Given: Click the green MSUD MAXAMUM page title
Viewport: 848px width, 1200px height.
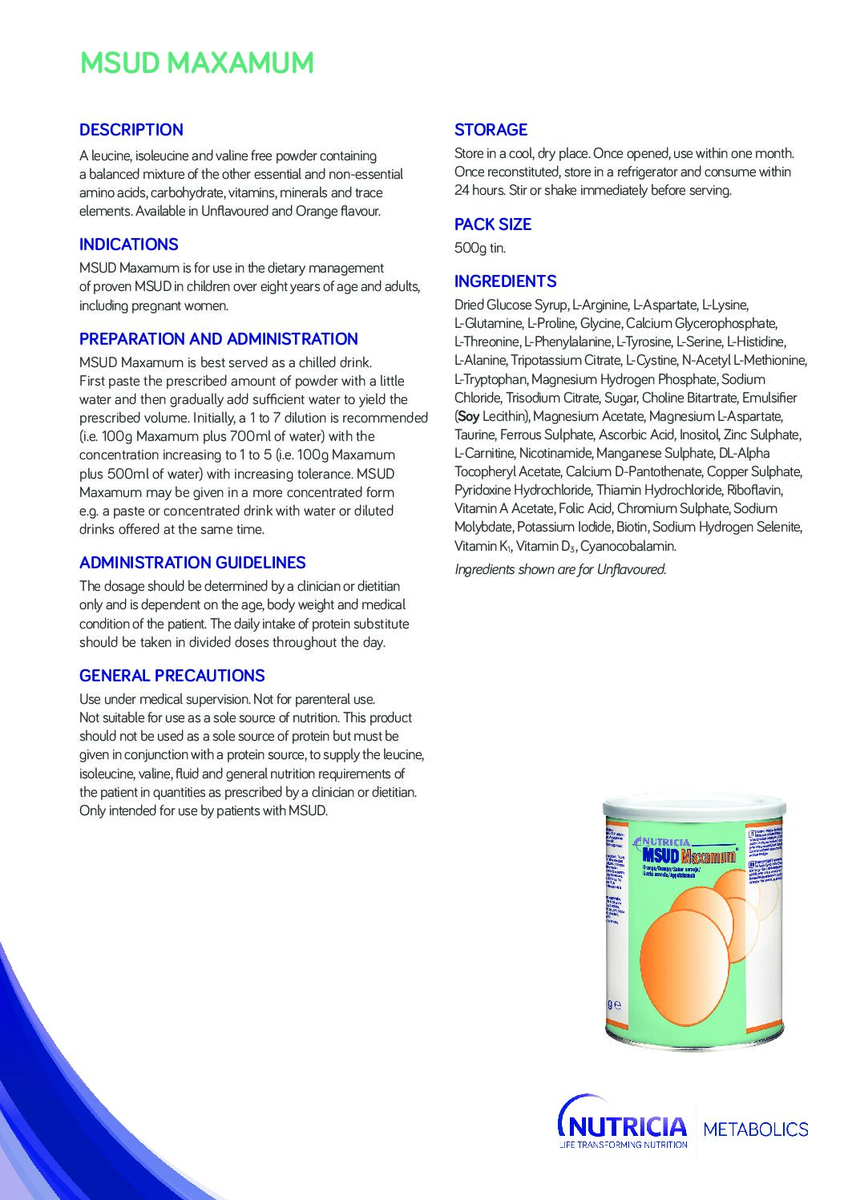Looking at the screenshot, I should tap(196, 63).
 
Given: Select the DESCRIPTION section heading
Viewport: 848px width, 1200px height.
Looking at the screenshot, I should tap(131, 130).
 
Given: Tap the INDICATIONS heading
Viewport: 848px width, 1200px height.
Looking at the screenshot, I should tap(128, 244).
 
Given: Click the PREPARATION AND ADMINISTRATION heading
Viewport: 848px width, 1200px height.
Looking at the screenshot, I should tap(218, 339).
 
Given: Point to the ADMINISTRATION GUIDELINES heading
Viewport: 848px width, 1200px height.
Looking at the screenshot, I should tap(192, 563).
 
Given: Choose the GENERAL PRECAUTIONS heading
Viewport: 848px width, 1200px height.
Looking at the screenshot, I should tap(172, 676).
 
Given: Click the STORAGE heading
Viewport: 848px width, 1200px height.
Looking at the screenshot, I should tap(491, 130).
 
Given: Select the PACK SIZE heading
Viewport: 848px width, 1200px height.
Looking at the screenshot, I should tap(492, 224).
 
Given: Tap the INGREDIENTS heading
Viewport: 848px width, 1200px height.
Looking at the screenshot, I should tap(505, 281).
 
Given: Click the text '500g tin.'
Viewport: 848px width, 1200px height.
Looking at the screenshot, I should tap(479, 248).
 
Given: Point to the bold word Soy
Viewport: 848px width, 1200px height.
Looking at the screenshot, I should tap(468, 416).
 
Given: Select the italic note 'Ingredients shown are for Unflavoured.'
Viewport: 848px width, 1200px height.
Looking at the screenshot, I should tap(560, 569).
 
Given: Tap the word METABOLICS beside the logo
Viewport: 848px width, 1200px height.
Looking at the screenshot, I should tap(755, 1129).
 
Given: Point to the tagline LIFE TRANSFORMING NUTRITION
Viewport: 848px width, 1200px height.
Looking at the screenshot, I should tap(624, 1145).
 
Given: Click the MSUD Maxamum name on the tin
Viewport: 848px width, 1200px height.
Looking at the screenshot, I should tap(688, 856).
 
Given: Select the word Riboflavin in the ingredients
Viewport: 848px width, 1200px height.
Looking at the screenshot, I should tap(754, 490).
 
